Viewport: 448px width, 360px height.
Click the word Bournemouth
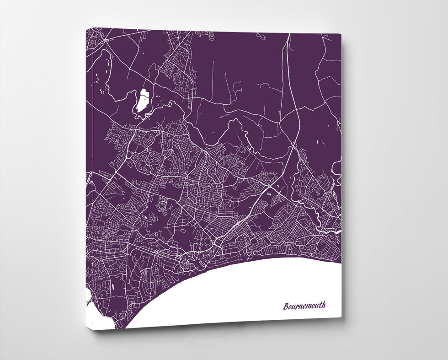[304, 306]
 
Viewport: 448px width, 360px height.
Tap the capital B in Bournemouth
[286, 306]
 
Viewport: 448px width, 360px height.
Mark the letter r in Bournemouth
[297, 306]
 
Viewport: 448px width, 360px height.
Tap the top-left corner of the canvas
[86, 29]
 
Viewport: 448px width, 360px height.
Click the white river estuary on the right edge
[337, 231]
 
